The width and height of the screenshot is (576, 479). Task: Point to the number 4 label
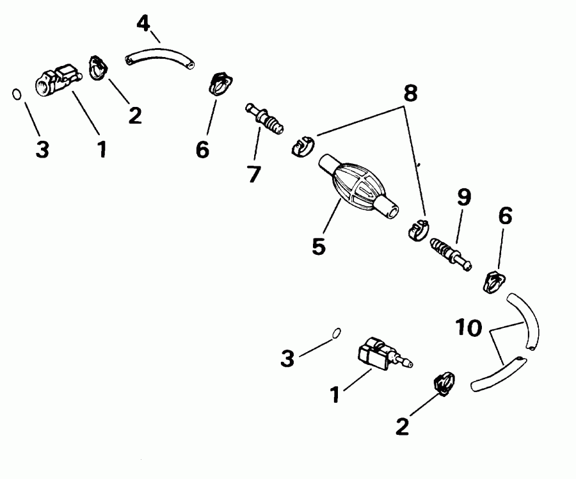[x=144, y=23]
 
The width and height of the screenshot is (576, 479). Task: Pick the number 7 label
[x=253, y=173]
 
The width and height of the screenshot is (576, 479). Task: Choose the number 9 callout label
[x=464, y=197]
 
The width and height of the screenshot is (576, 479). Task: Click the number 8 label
[x=410, y=94]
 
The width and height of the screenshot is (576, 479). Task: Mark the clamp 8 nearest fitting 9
[x=417, y=229]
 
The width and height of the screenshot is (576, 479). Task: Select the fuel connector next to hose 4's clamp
[x=59, y=81]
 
